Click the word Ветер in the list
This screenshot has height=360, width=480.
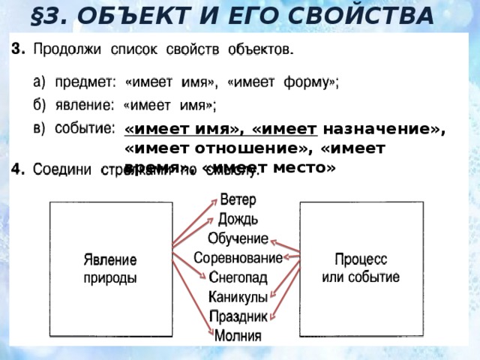[238, 201]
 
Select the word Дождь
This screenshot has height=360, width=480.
[238, 219]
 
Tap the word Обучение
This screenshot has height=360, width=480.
[238, 238]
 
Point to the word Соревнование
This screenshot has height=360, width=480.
[238, 257]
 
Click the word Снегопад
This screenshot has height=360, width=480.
[238, 277]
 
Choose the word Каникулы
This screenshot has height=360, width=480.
[238, 297]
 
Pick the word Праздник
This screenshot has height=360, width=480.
[238, 316]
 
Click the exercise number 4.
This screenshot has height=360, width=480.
[19, 169]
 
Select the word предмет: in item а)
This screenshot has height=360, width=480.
[82, 84]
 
